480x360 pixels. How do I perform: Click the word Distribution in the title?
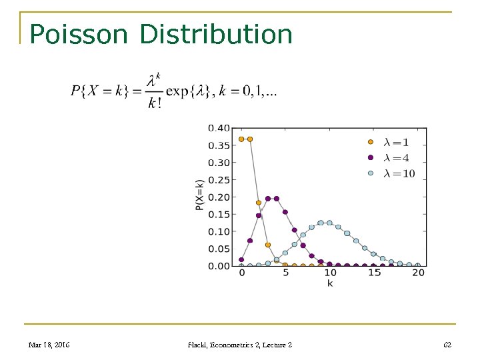[x=217, y=34]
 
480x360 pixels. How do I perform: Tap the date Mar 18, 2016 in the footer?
[x=49, y=345]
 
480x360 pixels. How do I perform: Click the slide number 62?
[x=447, y=345]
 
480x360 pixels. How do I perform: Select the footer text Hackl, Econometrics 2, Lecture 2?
[x=240, y=345]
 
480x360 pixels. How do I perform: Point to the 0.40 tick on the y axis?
[x=219, y=128]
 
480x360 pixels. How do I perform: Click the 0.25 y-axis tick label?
[x=219, y=180]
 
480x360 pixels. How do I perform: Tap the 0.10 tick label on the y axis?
[x=219, y=231]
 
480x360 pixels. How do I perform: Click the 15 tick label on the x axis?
[x=374, y=273]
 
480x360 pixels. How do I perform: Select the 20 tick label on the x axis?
[x=418, y=273]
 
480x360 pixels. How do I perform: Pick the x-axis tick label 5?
[x=285, y=273]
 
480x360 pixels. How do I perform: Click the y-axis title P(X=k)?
[x=199, y=195]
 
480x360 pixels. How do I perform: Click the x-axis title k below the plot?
[x=330, y=283]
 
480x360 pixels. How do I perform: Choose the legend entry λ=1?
[x=396, y=142]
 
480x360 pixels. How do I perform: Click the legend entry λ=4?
[x=396, y=158]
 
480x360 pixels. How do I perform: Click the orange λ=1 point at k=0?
[x=241, y=139]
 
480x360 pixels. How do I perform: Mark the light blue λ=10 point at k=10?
[x=329, y=223]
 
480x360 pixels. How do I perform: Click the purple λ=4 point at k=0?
[x=241, y=259]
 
